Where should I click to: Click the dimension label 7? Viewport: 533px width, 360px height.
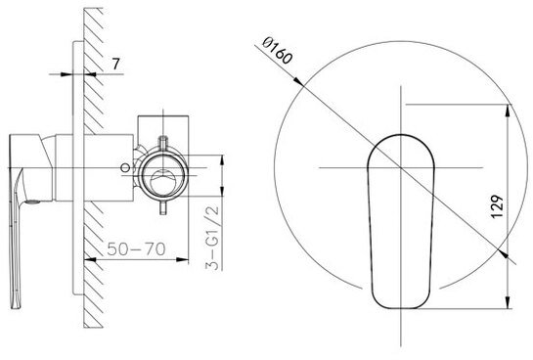116,64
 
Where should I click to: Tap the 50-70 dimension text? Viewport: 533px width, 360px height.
136,249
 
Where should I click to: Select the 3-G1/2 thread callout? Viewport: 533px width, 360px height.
213,238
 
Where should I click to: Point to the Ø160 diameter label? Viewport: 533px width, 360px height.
278,51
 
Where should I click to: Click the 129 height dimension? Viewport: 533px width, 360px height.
497,206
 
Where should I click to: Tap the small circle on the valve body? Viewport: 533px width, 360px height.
126,167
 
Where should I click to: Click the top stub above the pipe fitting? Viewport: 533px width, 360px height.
163,142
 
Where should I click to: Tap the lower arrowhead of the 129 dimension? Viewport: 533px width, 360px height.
508,302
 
